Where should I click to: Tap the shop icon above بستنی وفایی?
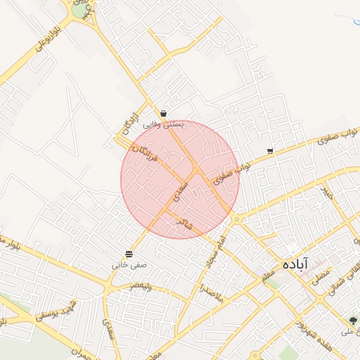(163, 112)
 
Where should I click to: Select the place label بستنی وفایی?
(163, 124)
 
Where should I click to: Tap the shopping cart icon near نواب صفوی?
(270, 151)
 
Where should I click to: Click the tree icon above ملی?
(353, 320)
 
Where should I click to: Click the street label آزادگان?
(127, 123)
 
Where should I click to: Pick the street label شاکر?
(184, 224)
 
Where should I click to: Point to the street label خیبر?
(327, 192)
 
